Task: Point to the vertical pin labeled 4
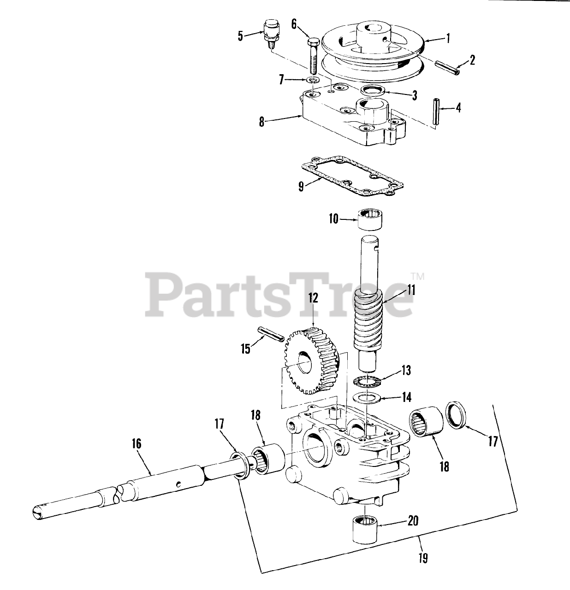(x=436, y=110)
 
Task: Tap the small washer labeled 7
(x=313, y=81)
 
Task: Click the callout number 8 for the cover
(x=261, y=122)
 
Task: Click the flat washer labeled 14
(x=366, y=397)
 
